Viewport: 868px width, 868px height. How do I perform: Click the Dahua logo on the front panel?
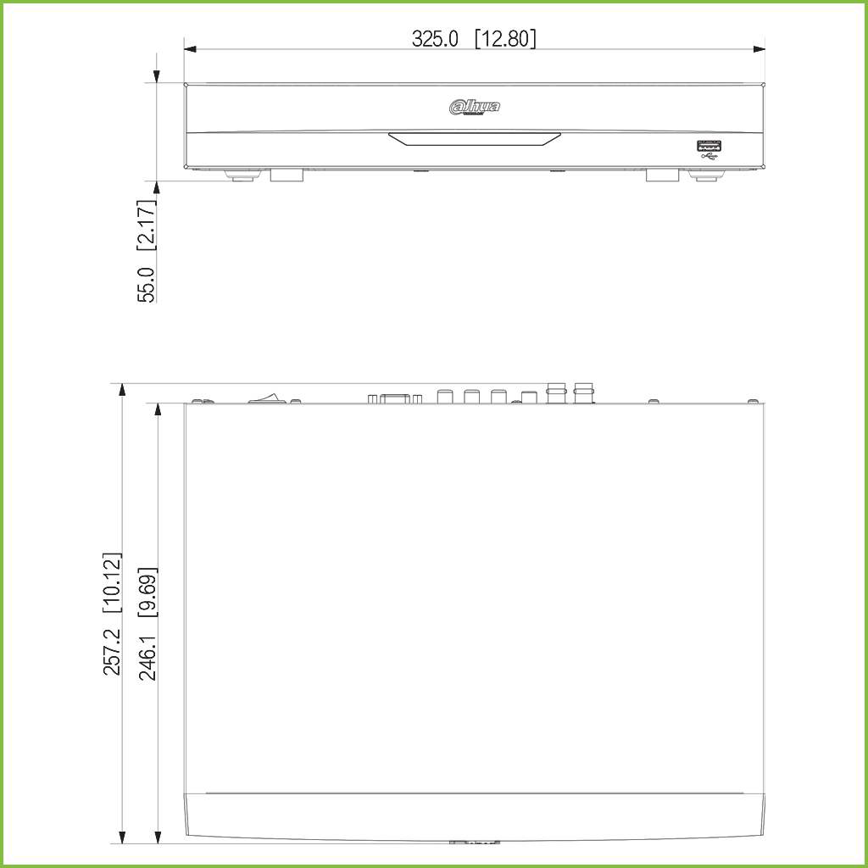click(475, 108)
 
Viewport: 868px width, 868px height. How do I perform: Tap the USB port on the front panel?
click(709, 147)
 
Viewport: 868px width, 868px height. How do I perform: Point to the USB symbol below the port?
click(709, 157)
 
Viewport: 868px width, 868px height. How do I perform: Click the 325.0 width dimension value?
click(435, 39)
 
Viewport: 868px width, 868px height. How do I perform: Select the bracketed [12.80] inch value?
click(506, 39)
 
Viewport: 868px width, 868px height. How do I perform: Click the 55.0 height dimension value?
click(147, 285)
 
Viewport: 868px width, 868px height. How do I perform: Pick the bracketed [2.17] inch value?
click(147, 225)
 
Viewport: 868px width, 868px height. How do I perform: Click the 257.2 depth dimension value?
click(113, 652)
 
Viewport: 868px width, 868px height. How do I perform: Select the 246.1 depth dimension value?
click(147, 657)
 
